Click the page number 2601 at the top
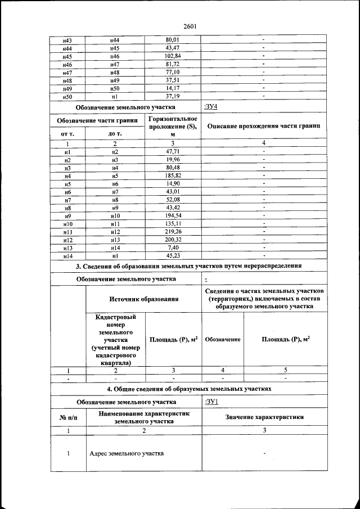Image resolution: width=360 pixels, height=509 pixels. [189, 26]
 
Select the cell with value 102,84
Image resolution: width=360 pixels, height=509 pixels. [172, 57]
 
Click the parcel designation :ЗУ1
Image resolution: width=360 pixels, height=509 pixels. [211, 402]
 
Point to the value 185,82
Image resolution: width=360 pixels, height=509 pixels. [172, 176]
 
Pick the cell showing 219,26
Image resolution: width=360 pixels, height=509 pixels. [172, 231]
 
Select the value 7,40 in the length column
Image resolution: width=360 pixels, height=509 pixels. [172, 247]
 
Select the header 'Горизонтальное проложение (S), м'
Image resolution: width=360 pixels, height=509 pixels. [172, 127]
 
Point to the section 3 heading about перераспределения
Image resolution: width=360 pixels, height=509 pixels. [189, 265]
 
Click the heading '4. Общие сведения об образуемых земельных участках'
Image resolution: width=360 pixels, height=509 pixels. [189, 389]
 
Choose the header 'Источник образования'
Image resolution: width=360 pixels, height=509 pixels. [143, 299]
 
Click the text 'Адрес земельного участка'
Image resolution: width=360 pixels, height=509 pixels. [127, 454]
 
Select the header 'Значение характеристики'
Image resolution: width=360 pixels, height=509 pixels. [264, 417]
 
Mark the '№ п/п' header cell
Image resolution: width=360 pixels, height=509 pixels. [67, 417]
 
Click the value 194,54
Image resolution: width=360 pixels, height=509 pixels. [172, 215]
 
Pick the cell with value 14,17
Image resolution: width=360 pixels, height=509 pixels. [172, 89]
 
